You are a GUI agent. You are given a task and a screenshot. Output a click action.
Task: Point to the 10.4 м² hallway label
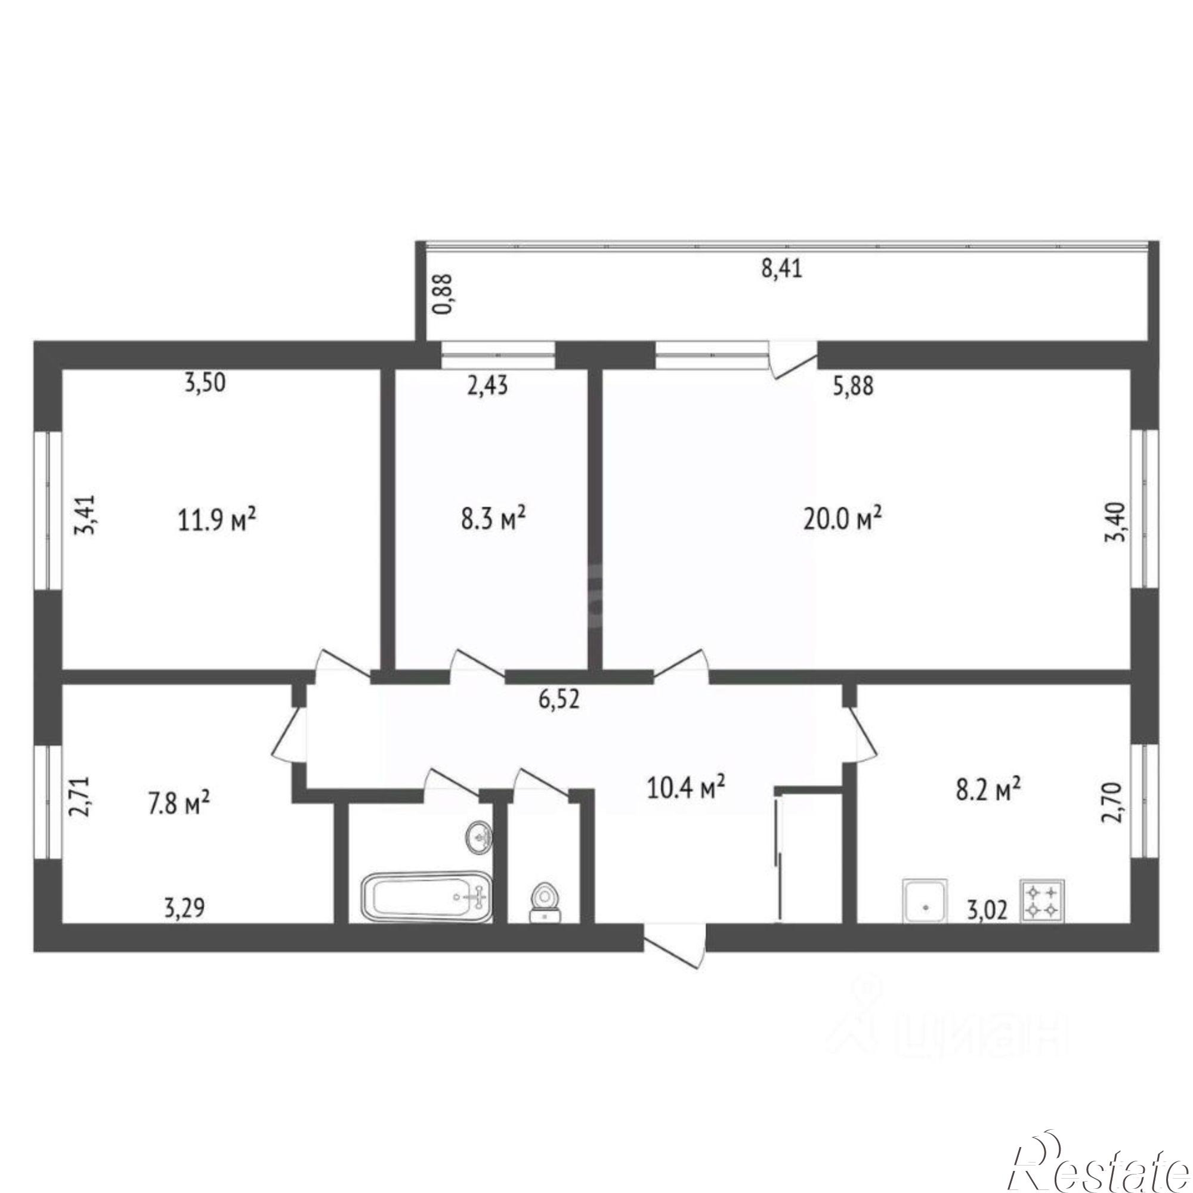click(686, 787)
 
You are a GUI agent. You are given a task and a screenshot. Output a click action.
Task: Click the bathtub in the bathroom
click(426, 895)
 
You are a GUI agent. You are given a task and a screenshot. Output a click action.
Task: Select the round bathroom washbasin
click(478, 837)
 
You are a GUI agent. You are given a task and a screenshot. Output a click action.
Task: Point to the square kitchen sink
click(925, 901)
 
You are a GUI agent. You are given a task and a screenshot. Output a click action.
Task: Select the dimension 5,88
click(854, 387)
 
